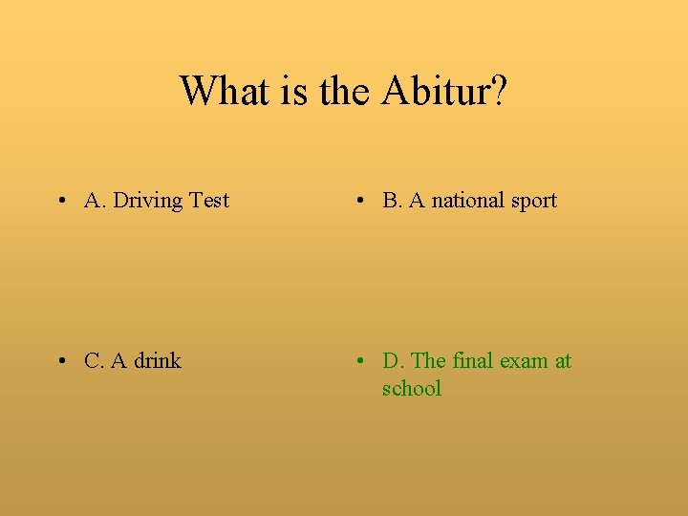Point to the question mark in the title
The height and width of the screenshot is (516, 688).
coord(498,92)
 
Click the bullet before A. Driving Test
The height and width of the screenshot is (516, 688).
coord(60,201)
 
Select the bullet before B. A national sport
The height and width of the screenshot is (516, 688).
coord(358,201)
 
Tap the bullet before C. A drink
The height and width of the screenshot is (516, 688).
coord(60,361)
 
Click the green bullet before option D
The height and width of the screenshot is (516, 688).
coord(358,361)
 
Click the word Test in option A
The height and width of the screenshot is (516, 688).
coord(209,201)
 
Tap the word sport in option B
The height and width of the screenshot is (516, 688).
coord(534,201)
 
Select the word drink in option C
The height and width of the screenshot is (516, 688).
coord(158,361)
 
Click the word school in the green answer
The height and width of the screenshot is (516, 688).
coord(412,389)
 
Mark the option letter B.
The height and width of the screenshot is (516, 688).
coord(391,201)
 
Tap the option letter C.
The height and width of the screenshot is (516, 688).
coord(94,361)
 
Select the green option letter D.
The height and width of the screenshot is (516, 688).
coord(392,361)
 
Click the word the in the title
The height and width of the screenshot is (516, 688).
coord(344,92)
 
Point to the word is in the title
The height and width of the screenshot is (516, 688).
coord(289,92)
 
